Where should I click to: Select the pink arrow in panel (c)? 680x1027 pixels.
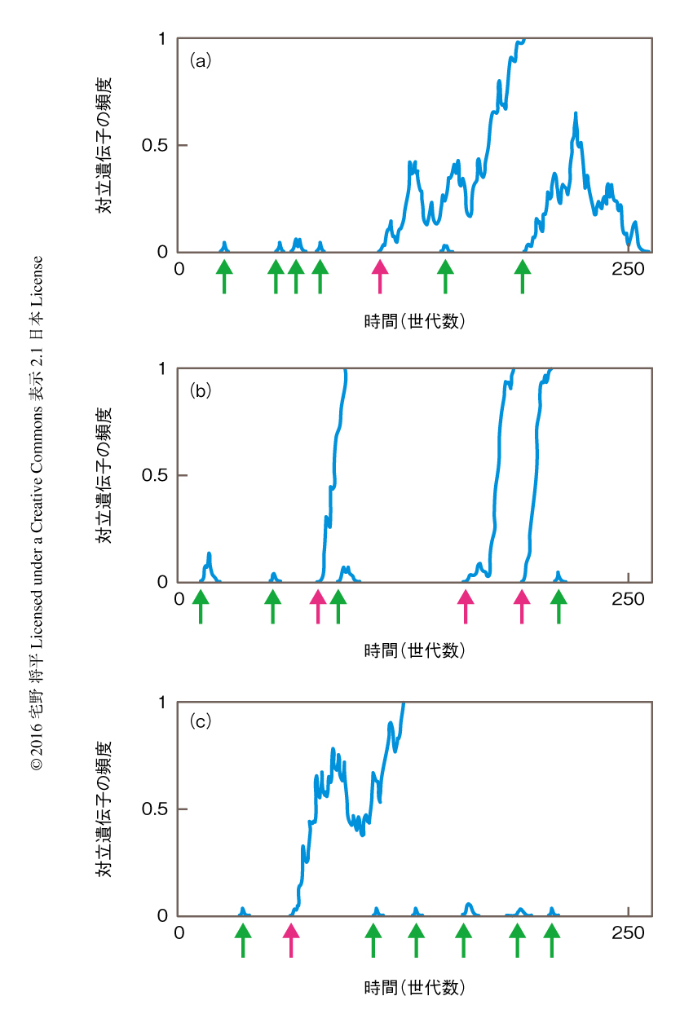pyautogui.click(x=290, y=940)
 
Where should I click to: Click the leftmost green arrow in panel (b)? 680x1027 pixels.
pyautogui.click(x=201, y=606)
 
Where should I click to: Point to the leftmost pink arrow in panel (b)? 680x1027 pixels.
pyautogui.click(x=318, y=606)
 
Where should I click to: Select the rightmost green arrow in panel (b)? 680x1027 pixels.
pyautogui.click(x=559, y=606)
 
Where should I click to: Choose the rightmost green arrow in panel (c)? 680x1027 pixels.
pyautogui.click(x=553, y=940)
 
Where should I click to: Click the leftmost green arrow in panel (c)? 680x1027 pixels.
pyautogui.click(x=242, y=940)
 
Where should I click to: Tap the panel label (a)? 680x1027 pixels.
pyautogui.click(x=201, y=60)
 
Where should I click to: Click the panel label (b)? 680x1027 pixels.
pyautogui.click(x=201, y=390)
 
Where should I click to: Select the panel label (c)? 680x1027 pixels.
pyautogui.click(x=201, y=721)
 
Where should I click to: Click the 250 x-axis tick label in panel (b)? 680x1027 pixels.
pyautogui.click(x=628, y=599)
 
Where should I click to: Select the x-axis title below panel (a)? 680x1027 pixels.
pyautogui.click(x=414, y=320)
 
